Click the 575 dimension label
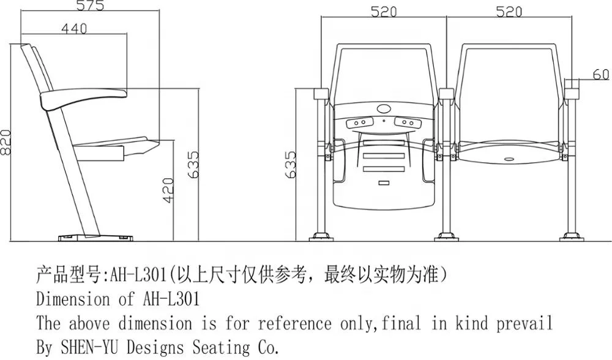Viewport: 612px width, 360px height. point(91,7)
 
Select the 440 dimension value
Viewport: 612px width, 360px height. point(73,28)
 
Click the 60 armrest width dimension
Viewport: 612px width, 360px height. point(601,75)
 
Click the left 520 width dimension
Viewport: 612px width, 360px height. point(384,11)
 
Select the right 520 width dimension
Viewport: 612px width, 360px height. point(509,11)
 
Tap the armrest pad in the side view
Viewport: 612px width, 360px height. point(82,97)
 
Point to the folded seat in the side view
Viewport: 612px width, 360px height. point(119,146)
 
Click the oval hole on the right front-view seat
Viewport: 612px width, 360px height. point(509,159)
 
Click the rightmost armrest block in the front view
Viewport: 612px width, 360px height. point(572,92)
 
